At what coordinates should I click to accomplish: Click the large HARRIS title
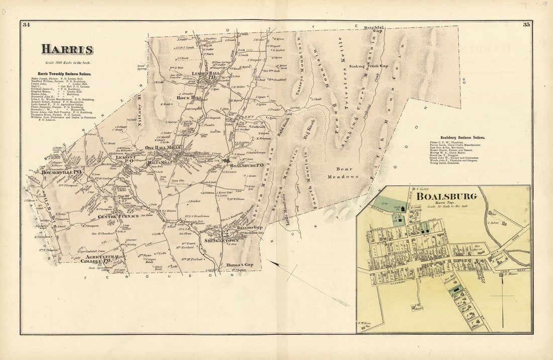(67, 49)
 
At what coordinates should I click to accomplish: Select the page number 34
(27, 25)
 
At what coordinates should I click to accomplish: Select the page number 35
(526, 25)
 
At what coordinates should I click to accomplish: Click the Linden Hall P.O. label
(207, 75)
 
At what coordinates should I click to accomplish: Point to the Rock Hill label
(190, 98)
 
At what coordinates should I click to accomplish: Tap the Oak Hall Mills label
(162, 147)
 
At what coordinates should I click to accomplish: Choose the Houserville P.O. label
(62, 171)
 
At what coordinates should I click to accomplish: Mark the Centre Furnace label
(118, 216)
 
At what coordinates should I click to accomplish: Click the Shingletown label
(221, 240)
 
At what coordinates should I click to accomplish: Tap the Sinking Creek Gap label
(370, 66)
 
